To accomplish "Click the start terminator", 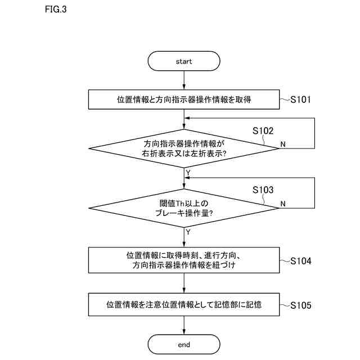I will (x=184, y=61).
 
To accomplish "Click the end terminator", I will (x=184, y=344).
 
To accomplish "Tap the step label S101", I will (x=300, y=100).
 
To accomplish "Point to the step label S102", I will (x=263, y=130).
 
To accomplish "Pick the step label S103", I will (x=263, y=190).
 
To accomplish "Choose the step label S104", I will (x=300, y=261).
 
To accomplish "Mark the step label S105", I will (x=300, y=305).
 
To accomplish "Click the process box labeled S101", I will (x=184, y=100).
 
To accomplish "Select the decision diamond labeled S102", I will (x=184, y=148).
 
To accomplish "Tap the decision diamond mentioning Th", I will (x=184, y=208).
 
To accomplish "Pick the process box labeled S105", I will (x=184, y=305).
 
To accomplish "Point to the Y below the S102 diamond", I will (x=188, y=172).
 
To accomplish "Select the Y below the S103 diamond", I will (x=188, y=231).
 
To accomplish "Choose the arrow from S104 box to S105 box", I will (x=184, y=283).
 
